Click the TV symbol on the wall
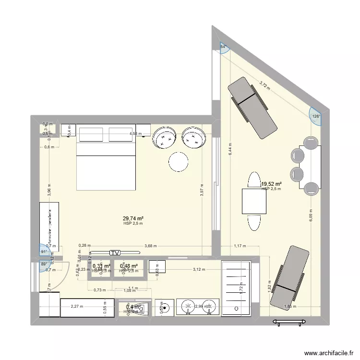pos(114,252)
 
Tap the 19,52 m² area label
pos(271,183)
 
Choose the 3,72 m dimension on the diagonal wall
pos(264,85)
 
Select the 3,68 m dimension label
pos(150,247)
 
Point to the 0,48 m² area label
pos(129,266)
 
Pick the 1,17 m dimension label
pos(240,247)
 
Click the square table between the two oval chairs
pos(254,201)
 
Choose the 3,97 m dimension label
pos(202,192)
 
